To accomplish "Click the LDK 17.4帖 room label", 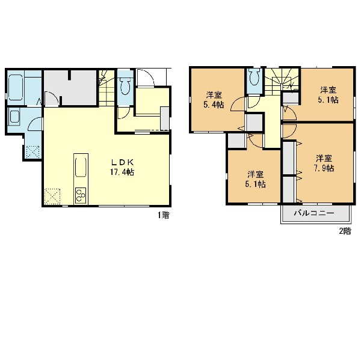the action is pyautogui.click(x=122, y=167).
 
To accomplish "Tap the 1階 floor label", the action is pyautogui.click(x=164, y=215).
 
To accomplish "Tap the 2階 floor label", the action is pyautogui.click(x=345, y=231).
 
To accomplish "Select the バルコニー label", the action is pyautogui.click(x=314, y=213).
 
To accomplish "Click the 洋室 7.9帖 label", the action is pyautogui.click(x=324, y=163).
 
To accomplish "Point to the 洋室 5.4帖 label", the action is pyautogui.click(x=214, y=100).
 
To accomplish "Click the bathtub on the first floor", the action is pyautogui.click(x=16, y=87).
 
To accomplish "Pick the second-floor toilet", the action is pyautogui.click(x=255, y=77).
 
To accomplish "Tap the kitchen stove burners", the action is pyautogui.click(x=81, y=195).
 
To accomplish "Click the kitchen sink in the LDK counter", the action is pyautogui.click(x=81, y=167).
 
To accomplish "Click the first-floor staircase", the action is pyautogui.click(x=107, y=88).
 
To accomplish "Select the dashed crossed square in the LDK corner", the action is pyautogui.click(x=52, y=197).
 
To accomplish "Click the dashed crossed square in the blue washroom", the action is pyautogui.click(x=32, y=152).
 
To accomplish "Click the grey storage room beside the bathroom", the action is pyautogui.click(x=70, y=87).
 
